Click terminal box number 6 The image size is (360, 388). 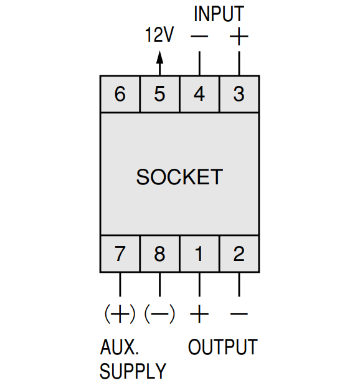click(x=120, y=94)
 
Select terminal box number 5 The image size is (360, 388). click(x=159, y=94)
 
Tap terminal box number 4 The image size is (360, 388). click(x=199, y=94)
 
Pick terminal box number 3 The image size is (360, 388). click(x=239, y=94)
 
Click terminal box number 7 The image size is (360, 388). click(x=120, y=254)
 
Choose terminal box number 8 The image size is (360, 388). click(x=159, y=254)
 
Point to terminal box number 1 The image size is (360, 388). click(x=199, y=254)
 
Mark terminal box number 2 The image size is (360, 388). click(x=239, y=254)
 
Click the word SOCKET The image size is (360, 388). click(x=179, y=177)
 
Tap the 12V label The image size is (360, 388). click(x=159, y=34)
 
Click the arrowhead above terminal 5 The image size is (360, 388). click(x=160, y=57)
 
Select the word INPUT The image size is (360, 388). click(x=219, y=14)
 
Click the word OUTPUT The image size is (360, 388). click(x=223, y=347)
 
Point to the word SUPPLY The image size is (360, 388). click(x=133, y=371)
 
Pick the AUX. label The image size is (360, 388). click(x=120, y=347)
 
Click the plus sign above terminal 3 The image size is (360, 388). click(x=239, y=37)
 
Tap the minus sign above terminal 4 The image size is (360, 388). click(x=199, y=37)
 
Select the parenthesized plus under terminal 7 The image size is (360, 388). click(x=120, y=314)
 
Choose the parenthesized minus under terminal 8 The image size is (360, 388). click(x=159, y=314)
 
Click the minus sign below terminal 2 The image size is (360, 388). click(x=239, y=314)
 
